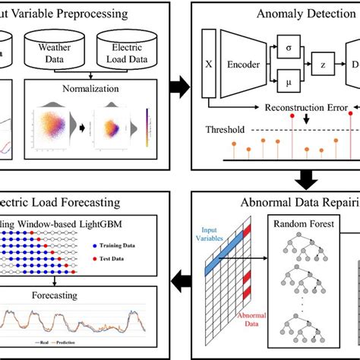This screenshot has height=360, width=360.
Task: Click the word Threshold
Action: [x=225, y=129]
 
